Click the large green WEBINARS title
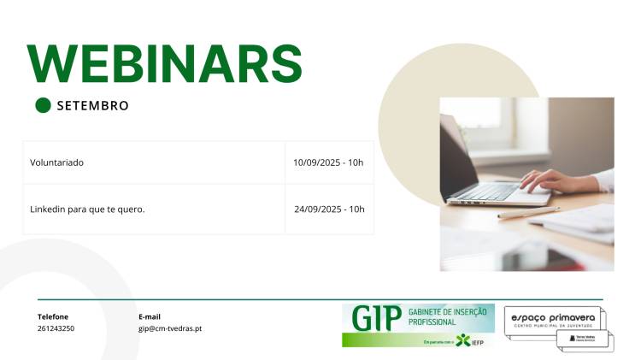(x=165, y=63)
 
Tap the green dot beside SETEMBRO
(x=43, y=105)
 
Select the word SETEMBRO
(x=92, y=106)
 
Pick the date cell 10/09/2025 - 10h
(x=328, y=162)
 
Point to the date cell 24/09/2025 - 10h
(x=329, y=209)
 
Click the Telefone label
(x=53, y=316)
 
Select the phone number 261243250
(x=56, y=328)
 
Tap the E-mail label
(x=150, y=316)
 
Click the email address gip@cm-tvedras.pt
(x=170, y=328)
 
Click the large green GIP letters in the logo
(x=375, y=318)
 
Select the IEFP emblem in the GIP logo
(x=464, y=340)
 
